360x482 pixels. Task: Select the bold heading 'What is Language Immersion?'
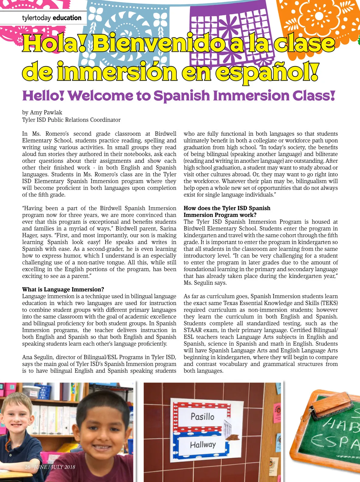63,289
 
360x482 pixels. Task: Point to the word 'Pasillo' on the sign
202,416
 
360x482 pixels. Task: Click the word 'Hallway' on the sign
203,445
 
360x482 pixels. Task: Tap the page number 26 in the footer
27,467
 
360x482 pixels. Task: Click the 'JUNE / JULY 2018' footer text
54,467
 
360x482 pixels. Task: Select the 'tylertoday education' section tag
52,18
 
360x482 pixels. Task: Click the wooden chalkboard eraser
332,404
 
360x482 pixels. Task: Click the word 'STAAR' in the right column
193,330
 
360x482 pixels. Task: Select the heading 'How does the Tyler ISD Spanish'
227,208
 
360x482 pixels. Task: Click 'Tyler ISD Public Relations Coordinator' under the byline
71,120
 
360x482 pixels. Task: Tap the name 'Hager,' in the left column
30,235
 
